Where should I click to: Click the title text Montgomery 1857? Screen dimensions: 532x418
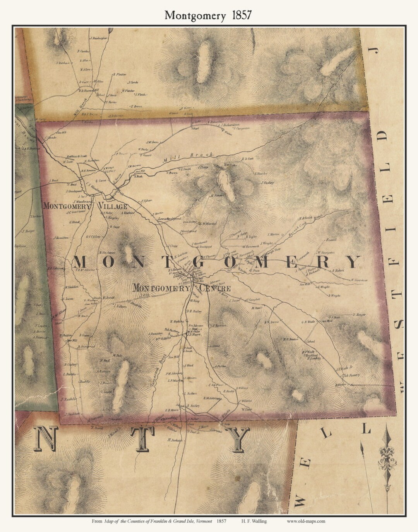coord(208,15)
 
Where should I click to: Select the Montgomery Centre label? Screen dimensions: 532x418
coord(182,288)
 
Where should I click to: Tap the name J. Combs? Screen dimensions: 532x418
coord(132,82)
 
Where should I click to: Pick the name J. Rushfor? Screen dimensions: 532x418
coord(69,399)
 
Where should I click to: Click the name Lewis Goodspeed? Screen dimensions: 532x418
coord(170,219)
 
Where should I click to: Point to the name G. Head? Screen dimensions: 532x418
coord(74,222)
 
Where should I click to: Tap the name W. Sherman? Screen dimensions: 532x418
coord(359,280)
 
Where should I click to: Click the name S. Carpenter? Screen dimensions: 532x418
coord(239,128)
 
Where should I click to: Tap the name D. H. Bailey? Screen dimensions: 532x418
coord(194,311)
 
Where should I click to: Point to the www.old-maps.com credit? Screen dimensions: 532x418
coord(306,521)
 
